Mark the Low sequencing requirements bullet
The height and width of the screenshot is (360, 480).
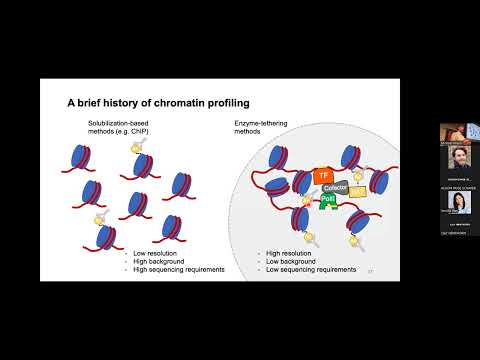pyautogui.click(x=311, y=270)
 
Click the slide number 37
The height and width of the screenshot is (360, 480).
pyautogui.click(x=370, y=270)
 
